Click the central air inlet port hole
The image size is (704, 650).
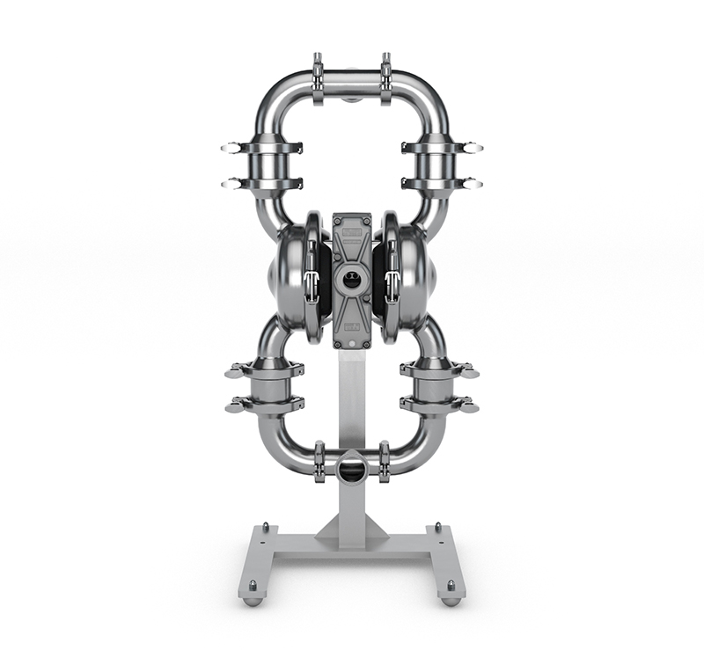[352, 281]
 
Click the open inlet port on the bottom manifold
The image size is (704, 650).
[352, 466]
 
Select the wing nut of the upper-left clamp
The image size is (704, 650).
[231, 148]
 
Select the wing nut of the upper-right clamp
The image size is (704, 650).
[473, 148]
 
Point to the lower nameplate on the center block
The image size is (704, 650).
[352, 326]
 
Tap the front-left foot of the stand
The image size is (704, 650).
[253, 600]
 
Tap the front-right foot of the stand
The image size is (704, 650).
[451, 600]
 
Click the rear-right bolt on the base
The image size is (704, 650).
[439, 527]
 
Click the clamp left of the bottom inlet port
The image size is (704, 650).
[319, 461]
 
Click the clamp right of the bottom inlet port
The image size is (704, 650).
[385, 461]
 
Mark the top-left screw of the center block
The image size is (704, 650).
[337, 216]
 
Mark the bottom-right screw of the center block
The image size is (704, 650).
[367, 344]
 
